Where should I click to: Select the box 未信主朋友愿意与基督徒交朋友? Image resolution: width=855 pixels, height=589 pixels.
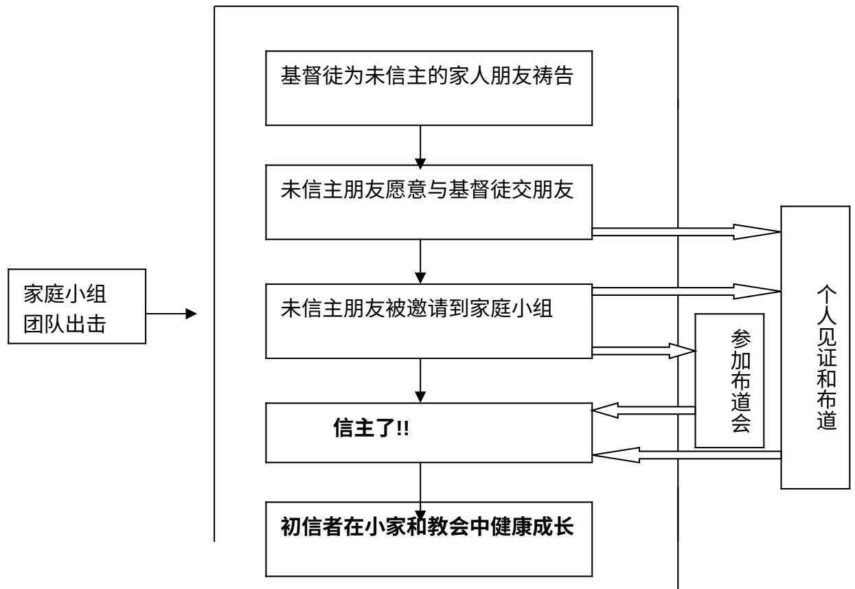click(429, 203)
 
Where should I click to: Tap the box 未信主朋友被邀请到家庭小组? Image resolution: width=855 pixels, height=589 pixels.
click(429, 319)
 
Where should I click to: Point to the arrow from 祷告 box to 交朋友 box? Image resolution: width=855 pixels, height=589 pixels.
click(420, 145)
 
